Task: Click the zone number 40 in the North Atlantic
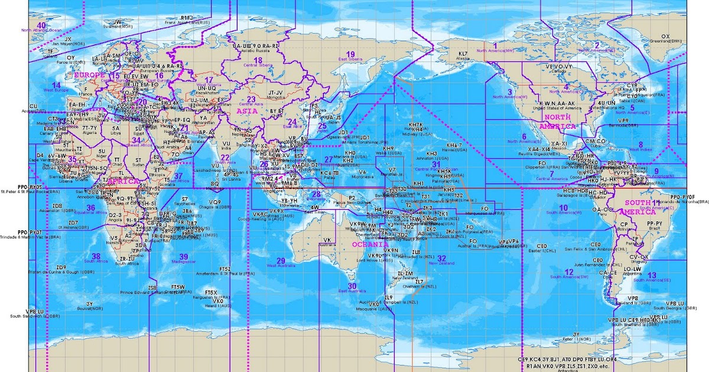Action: [x=41, y=25]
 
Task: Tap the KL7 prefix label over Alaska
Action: [x=463, y=54]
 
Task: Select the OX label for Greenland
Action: [x=665, y=36]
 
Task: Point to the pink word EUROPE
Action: [x=89, y=76]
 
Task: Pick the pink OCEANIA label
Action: [x=370, y=244]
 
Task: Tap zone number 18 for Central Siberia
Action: [x=257, y=60]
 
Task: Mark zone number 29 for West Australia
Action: [x=281, y=260]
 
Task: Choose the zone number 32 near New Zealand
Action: [x=441, y=258]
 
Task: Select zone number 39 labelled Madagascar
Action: [x=183, y=257]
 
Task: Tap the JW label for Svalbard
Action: [x=117, y=22]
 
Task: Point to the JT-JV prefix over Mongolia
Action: [x=275, y=93]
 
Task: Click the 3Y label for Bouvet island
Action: [x=89, y=304]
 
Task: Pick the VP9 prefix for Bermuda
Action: [x=622, y=120]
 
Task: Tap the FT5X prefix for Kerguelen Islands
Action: [x=211, y=292]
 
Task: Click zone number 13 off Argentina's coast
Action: [x=652, y=275]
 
